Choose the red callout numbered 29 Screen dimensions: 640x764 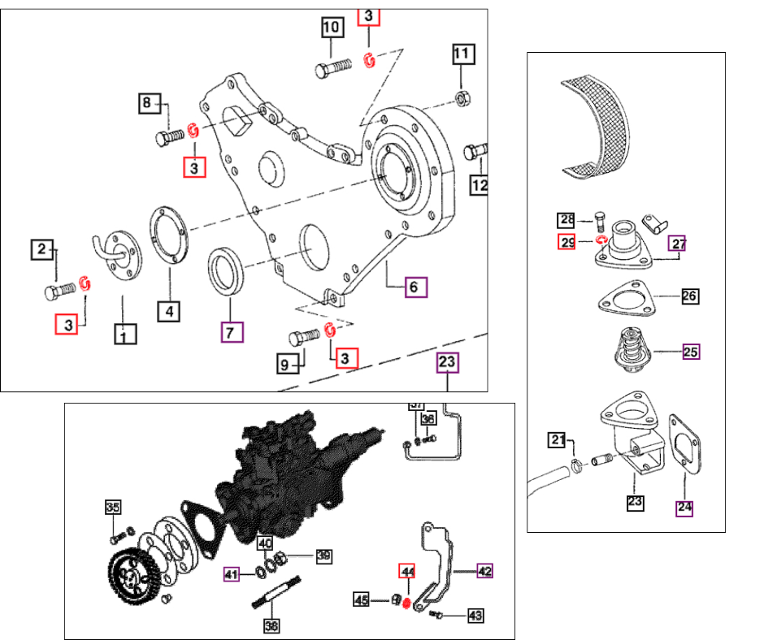coord(567,241)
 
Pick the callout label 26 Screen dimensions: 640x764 coord(689,296)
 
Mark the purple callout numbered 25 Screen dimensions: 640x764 coord(690,352)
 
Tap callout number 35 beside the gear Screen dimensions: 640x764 coord(113,508)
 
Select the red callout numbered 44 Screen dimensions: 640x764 coord(406,571)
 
